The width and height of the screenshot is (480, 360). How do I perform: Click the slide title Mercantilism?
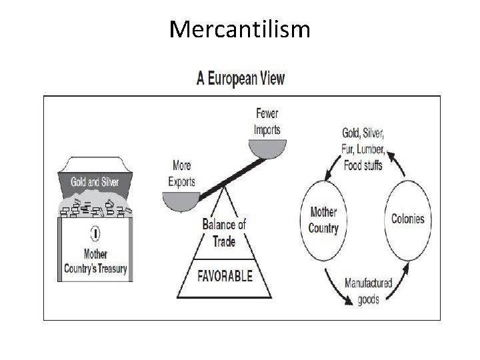click(x=239, y=29)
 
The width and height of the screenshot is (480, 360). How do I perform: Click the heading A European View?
click(x=240, y=79)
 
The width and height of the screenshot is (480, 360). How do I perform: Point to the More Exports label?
click(x=183, y=172)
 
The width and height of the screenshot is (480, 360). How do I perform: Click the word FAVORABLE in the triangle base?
click(x=224, y=275)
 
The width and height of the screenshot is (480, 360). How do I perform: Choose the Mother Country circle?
click(x=324, y=220)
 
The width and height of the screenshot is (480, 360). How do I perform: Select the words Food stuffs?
click(x=363, y=165)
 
